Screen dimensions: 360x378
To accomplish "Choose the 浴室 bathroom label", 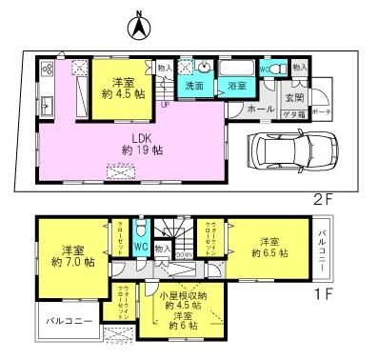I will click(x=232, y=87).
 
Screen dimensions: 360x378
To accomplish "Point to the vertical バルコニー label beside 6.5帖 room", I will click(x=323, y=246).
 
